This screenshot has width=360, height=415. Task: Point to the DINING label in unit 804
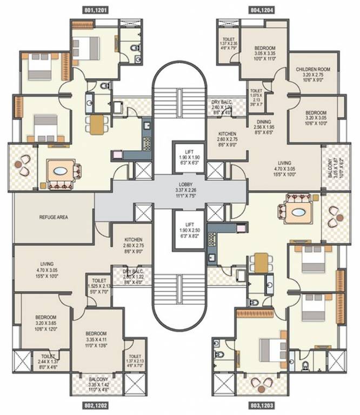264,122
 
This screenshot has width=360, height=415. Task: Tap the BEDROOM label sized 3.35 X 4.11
97,333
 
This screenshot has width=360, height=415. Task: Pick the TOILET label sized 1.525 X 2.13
99,281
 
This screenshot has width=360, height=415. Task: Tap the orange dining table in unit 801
97,124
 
